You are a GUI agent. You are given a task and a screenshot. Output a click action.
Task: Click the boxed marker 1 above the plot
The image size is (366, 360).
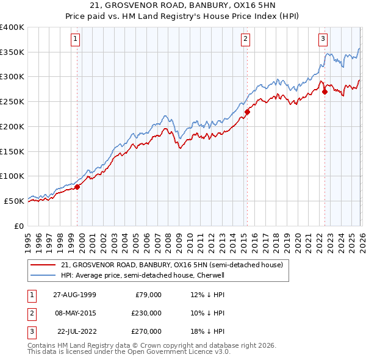coord(75,40)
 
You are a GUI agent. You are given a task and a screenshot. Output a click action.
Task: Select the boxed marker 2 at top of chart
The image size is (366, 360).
coord(245,40)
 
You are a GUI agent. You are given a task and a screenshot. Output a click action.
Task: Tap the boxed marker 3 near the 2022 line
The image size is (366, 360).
coord(323,40)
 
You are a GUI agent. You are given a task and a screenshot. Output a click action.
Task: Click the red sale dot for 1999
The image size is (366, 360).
coord(77,187)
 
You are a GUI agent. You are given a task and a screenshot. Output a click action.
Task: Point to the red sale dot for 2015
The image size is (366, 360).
coord(247,112)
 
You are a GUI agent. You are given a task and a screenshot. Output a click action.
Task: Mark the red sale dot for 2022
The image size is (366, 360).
coord(325,92)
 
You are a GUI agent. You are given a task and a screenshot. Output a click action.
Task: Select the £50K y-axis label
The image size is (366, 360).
coord(15,201)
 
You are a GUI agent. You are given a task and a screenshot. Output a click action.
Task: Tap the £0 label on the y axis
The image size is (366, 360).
coord(20,226)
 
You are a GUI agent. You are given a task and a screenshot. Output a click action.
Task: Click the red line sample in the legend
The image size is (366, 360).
coord(43,265)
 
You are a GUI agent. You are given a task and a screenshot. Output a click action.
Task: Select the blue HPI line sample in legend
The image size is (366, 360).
coord(43,275)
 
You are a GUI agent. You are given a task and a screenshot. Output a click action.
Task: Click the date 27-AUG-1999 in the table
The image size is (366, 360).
coord(74,295)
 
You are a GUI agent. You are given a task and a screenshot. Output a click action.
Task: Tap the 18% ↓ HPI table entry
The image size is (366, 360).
coord(207,331)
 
